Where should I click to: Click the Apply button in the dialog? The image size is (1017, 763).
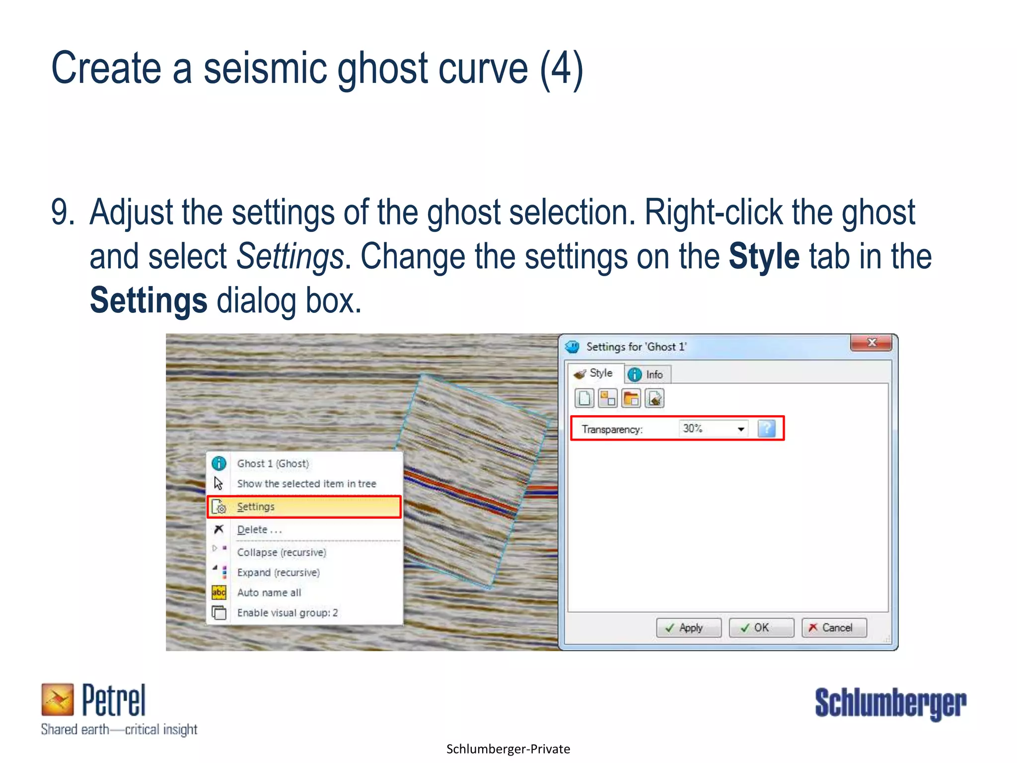coord(689,628)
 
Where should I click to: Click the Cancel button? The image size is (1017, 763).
coord(834,628)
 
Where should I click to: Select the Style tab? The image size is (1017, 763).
coord(595,374)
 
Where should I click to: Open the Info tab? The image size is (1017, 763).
coord(648,375)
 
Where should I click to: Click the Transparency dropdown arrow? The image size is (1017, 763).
coord(741,429)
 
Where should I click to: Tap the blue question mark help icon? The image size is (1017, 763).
coord(766,429)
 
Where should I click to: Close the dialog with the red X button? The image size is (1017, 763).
coord(872,343)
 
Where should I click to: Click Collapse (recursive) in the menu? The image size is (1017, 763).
coord(282,552)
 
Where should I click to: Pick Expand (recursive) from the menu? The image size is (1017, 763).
coord(279,573)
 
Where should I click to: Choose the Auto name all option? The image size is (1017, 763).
coord(269,593)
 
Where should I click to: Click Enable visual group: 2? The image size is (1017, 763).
coord(288,613)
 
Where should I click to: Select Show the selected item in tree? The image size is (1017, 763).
coord(306,484)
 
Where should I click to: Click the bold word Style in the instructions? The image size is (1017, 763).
coord(764,257)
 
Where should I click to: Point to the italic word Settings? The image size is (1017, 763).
coord(290,257)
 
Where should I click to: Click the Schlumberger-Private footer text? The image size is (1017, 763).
coord(508,749)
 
